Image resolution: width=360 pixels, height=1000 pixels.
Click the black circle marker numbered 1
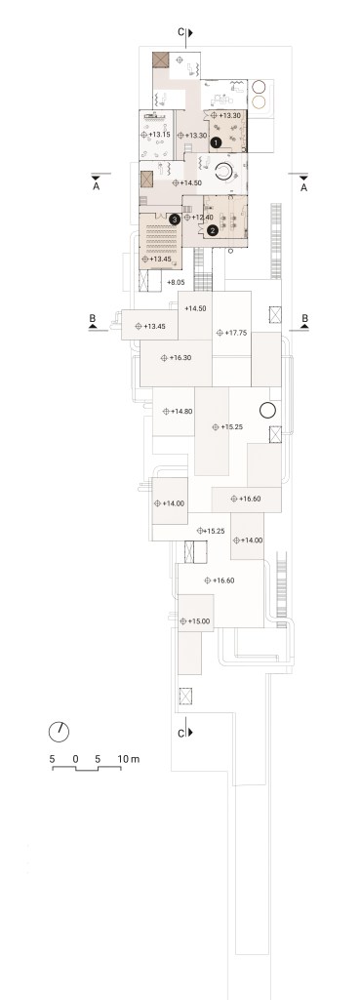coord(217,142)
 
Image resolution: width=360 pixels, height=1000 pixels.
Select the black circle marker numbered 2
coord(214,230)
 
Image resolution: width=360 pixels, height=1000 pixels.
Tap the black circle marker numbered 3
coord(175,220)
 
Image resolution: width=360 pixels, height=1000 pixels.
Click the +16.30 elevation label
coord(180,358)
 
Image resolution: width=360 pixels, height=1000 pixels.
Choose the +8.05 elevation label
coord(177,281)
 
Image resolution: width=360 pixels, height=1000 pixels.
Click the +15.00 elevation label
coord(198,620)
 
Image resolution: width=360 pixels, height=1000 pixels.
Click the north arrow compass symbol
coord(60,732)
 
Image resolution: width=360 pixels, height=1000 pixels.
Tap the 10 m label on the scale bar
coord(129,759)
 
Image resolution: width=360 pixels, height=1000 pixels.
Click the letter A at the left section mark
coord(97,187)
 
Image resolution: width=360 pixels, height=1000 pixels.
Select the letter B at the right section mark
coord(304,318)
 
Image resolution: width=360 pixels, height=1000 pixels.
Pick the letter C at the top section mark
coord(181,32)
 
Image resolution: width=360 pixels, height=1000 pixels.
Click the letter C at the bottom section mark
coord(181,733)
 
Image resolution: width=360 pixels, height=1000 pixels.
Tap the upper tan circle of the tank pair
coord(260,88)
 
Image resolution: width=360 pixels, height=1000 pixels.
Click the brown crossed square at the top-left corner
coord(160,60)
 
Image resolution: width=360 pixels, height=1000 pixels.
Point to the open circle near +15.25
coord(266,410)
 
